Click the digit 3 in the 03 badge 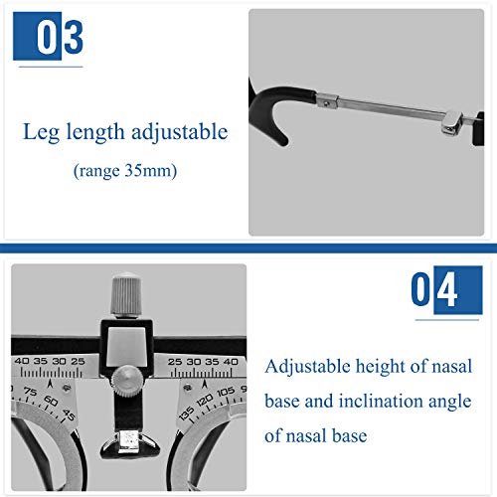(x=74, y=37)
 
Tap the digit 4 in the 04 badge (x=447, y=289)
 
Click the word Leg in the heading (x=41, y=132)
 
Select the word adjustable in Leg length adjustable (x=180, y=132)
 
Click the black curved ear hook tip (x=281, y=141)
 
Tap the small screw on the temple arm (x=327, y=103)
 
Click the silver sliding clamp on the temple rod (x=452, y=122)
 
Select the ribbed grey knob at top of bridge (x=126, y=294)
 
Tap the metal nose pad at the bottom (x=130, y=443)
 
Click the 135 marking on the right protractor (x=186, y=414)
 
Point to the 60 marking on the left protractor (x=51, y=401)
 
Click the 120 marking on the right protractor (x=205, y=400)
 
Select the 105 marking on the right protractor (x=226, y=392)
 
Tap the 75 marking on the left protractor (x=31, y=392)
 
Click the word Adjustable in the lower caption (x=307, y=367)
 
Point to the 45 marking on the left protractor (x=69, y=414)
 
